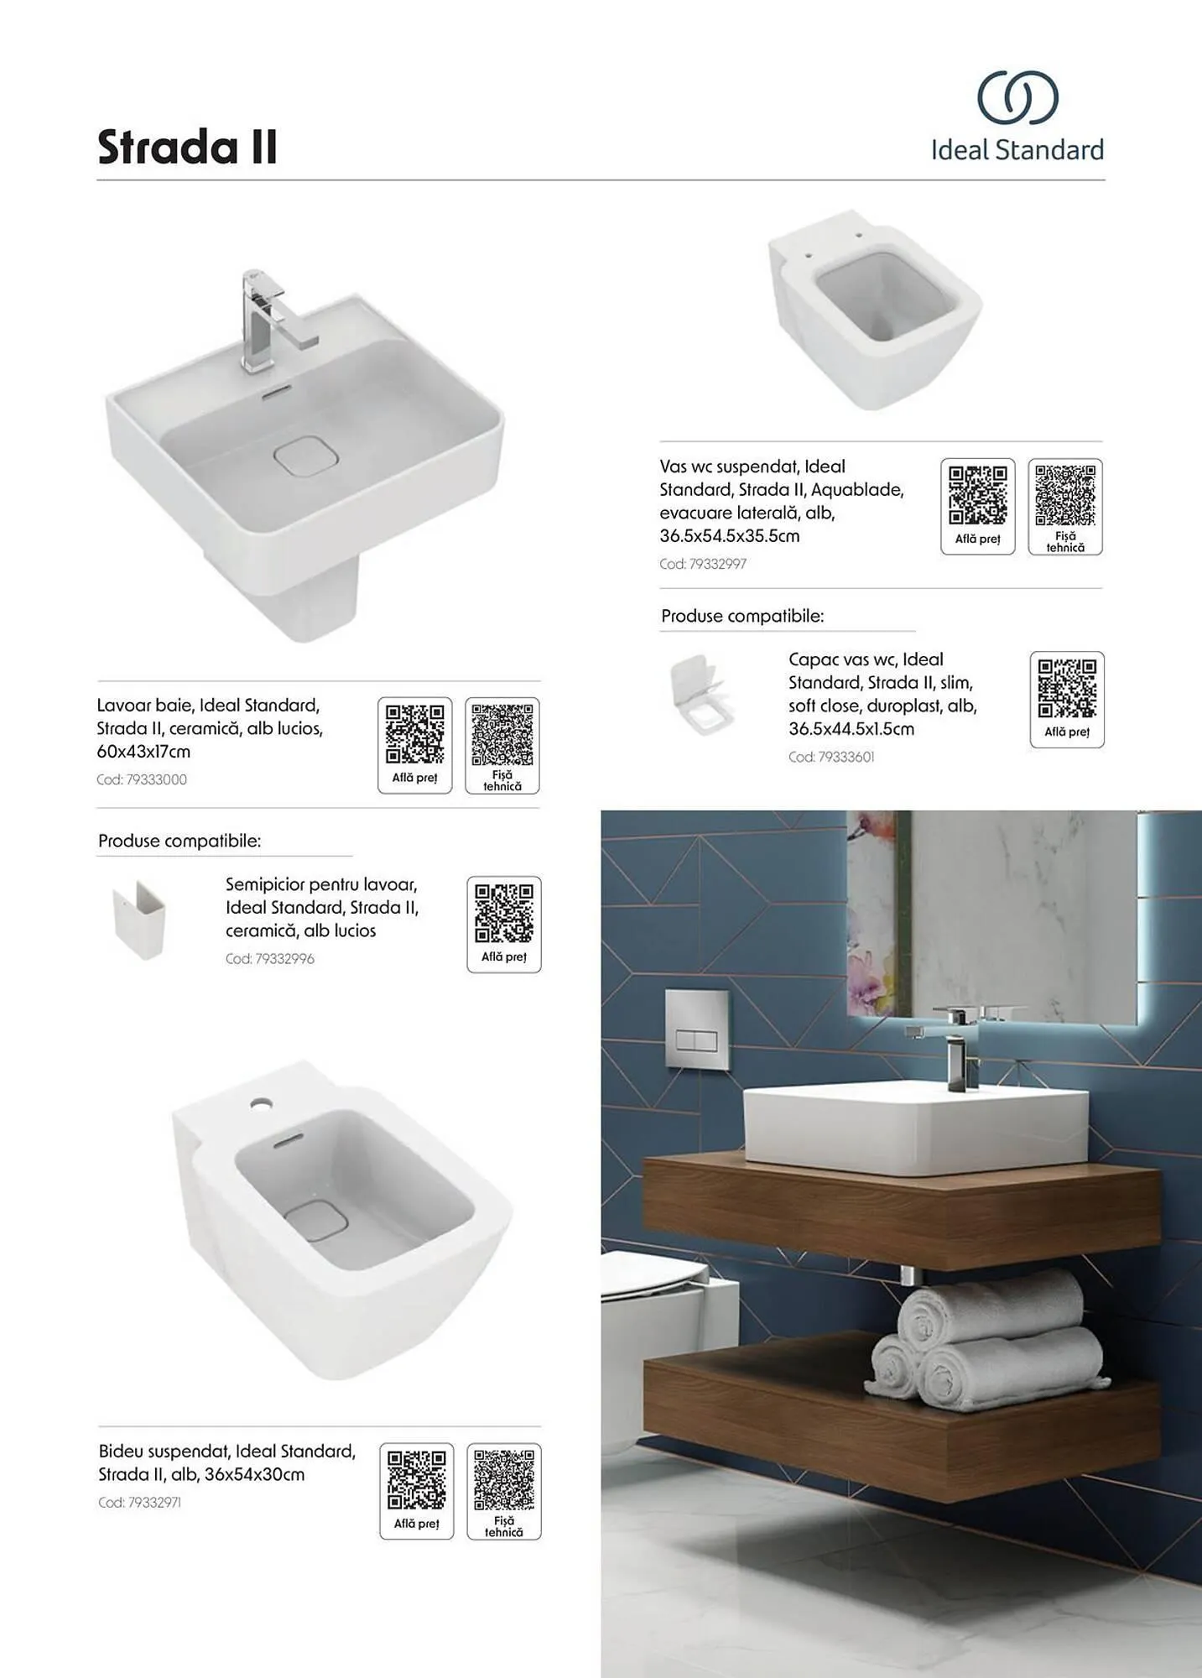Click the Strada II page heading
(x=187, y=147)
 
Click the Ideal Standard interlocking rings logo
(x=1017, y=96)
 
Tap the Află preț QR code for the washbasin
(x=414, y=734)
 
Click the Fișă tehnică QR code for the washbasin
(x=502, y=734)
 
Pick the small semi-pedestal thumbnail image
(x=139, y=920)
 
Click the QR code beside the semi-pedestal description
(x=504, y=913)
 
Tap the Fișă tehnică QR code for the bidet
(x=504, y=1480)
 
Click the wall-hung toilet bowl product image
(x=875, y=310)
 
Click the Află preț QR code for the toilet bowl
(x=978, y=496)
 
